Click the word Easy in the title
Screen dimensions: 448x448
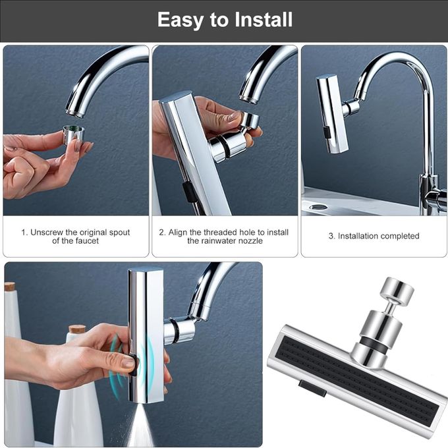pyautogui.click(x=181, y=20)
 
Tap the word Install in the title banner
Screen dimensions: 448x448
pyautogui.click(x=264, y=19)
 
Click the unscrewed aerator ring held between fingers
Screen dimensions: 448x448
pyautogui.click(x=74, y=134)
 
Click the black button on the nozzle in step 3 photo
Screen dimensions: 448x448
pyautogui.click(x=326, y=132)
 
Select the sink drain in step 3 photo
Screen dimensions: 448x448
pyautogui.click(x=318, y=206)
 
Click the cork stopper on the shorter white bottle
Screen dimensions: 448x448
pyautogui.click(x=77, y=329)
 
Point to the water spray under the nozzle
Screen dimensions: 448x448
pyautogui.click(x=140, y=424)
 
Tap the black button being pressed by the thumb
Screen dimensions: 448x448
pyautogui.click(x=133, y=364)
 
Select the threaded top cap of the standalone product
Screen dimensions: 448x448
pyautogui.click(x=397, y=291)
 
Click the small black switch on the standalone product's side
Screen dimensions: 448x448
pyautogui.click(x=312, y=388)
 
